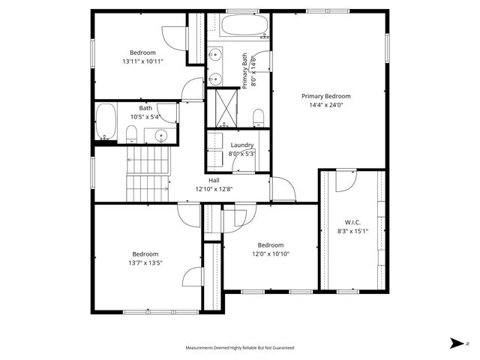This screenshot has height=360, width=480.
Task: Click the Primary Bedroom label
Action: [325, 96]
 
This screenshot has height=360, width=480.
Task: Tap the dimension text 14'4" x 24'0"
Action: [325, 106]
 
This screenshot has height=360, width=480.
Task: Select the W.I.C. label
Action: [353, 221]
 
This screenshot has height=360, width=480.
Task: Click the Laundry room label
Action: [241, 145]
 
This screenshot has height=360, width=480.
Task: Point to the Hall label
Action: [214, 180]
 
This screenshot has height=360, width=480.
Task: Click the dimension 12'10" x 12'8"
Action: [214, 189]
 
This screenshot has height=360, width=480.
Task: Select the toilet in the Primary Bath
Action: [258, 116]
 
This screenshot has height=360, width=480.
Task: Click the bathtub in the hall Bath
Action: [106, 122]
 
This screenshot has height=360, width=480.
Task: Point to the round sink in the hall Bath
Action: [160, 136]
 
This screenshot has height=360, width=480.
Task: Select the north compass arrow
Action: [455, 343]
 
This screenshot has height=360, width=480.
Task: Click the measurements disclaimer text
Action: [240, 348]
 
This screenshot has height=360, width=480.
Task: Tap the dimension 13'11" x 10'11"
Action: [142, 61]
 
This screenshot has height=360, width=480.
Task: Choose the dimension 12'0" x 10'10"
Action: [270, 254]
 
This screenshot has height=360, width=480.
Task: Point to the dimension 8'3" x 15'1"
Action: [353, 231]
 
